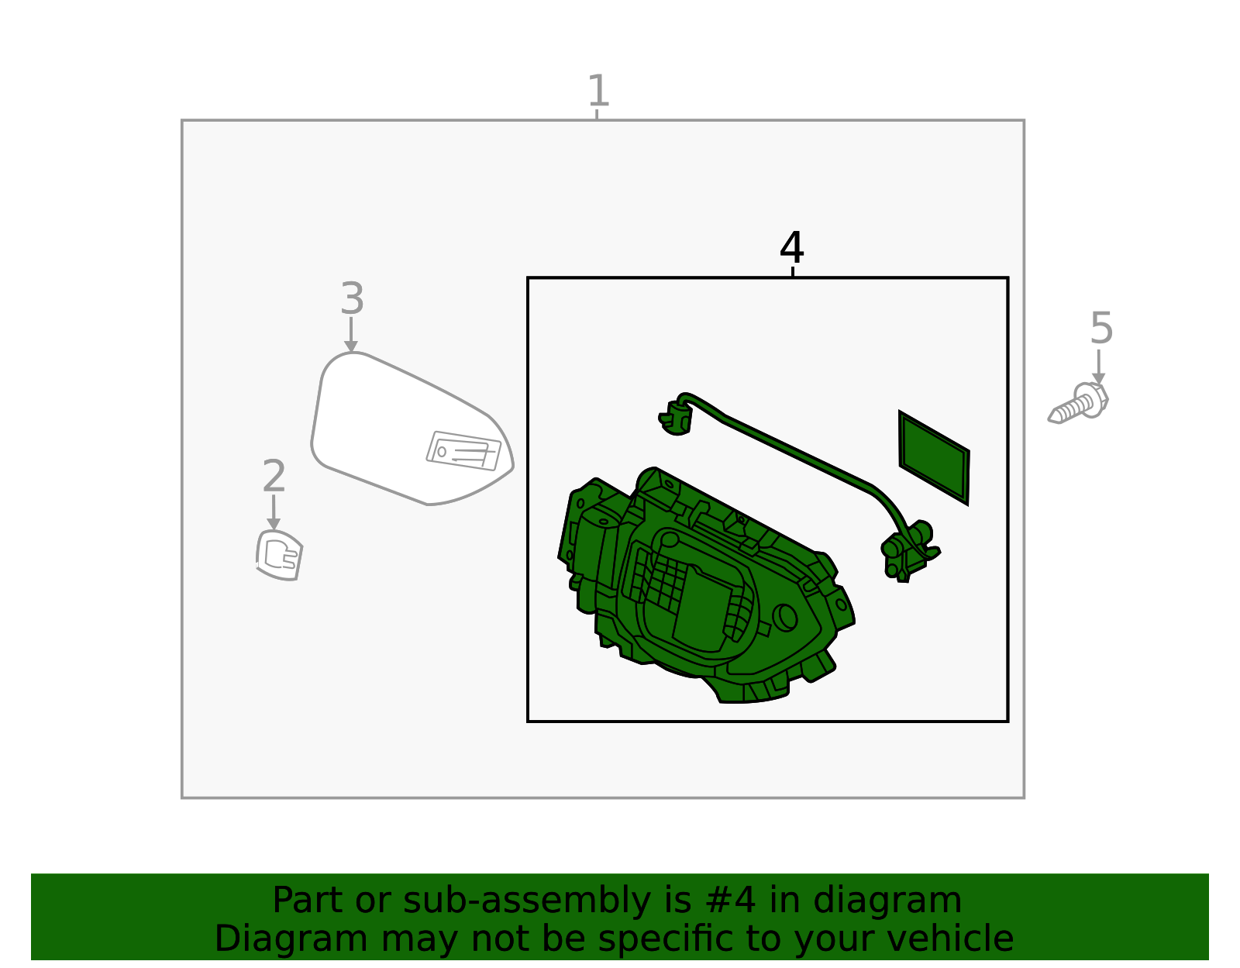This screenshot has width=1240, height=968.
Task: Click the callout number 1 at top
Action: (598, 91)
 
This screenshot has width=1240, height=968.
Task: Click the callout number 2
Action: (274, 476)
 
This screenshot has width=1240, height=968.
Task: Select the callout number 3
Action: (352, 299)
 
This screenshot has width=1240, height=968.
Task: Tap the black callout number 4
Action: (791, 248)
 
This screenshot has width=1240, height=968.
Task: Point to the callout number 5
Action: (1100, 329)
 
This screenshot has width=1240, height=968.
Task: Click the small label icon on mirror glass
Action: (463, 451)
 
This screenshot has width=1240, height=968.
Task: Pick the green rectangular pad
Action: (934, 457)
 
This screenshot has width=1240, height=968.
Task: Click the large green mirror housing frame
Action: (697, 589)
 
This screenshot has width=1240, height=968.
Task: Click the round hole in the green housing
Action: (785, 617)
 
